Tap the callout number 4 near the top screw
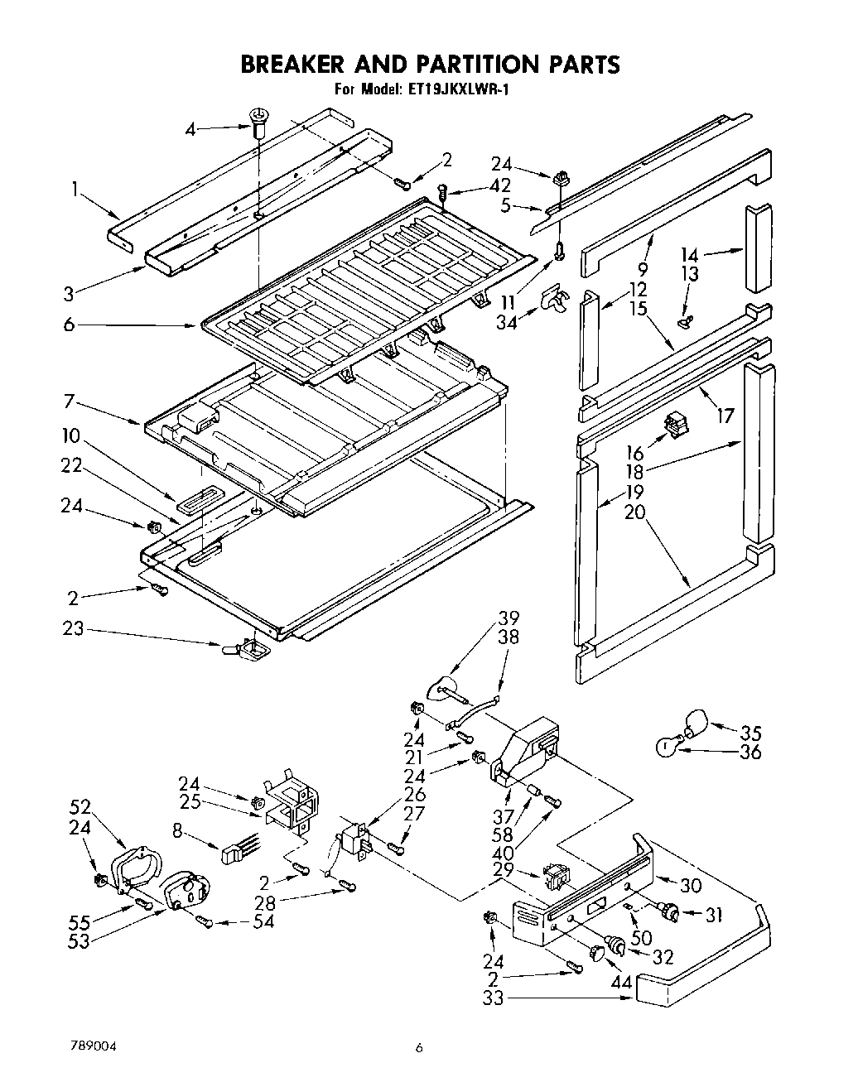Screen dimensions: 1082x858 [191, 130]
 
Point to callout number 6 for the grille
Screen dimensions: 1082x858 [69, 325]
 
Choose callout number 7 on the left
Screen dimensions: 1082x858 [69, 402]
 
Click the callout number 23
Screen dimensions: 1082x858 [73, 629]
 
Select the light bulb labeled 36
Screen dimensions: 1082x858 [667, 747]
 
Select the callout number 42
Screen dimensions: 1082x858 [499, 186]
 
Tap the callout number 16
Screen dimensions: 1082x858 [634, 453]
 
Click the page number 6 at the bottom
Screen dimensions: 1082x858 [419, 1047]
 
